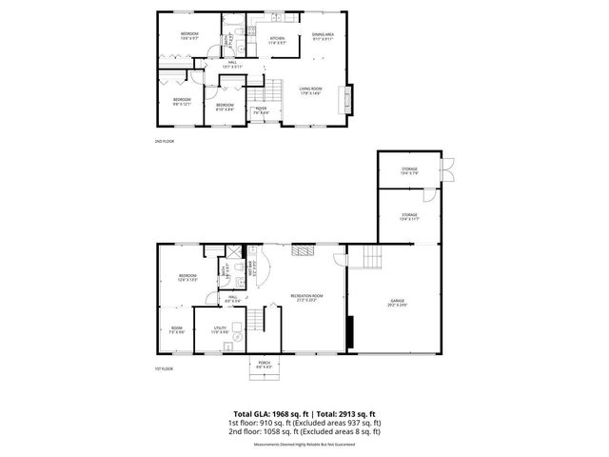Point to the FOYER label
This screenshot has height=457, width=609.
click(258, 109)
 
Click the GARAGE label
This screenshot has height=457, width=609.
click(396, 302)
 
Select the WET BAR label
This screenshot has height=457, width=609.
click(251, 269)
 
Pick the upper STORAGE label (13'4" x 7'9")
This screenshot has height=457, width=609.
click(409, 170)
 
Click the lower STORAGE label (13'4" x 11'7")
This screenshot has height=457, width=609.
click(409, 216)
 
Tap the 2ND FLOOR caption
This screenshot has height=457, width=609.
click(164, 140)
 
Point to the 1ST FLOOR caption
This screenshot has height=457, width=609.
click(164, 368)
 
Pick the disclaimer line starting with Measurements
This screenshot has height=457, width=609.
click(304, 444)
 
